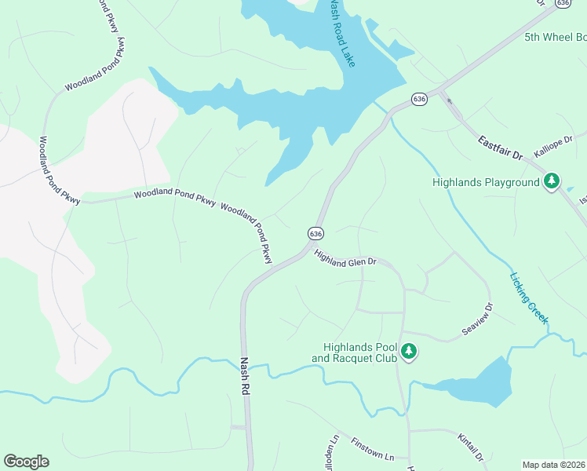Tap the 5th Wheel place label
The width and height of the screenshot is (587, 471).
point(555,37)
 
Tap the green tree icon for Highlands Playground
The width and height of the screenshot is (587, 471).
point(552,182)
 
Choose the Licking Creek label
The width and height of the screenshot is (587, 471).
point(528,298)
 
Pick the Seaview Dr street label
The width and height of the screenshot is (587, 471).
point(477,320)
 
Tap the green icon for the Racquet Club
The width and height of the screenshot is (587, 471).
point(408,352)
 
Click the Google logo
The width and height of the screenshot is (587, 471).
point(26,462)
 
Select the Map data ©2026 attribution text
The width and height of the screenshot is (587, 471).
point(554,465)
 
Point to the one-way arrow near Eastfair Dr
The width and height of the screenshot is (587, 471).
point(450,100)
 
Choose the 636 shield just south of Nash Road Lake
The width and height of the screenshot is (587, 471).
point(420,100)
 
